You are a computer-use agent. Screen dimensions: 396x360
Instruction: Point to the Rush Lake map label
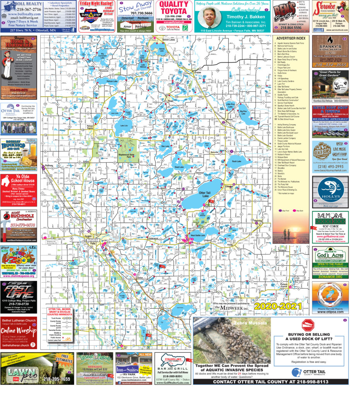pos(237,161)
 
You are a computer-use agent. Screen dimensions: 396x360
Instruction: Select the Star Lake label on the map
pos(165,146)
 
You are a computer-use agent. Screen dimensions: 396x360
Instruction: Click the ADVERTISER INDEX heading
pos(290,38)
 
